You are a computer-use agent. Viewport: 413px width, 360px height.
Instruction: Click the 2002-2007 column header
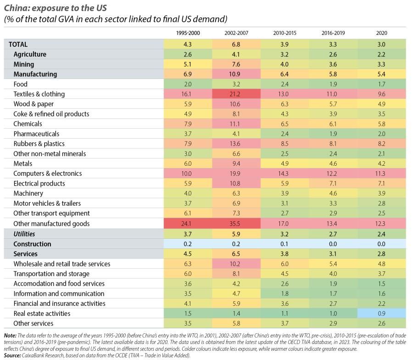coord(236,33)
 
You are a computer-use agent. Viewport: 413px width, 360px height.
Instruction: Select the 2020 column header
coord(381,33)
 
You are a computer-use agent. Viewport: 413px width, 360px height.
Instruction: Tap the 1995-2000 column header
coord(188,33)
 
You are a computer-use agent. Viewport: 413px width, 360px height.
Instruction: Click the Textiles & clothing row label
coord(39,94)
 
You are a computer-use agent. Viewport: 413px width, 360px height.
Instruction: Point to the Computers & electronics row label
coord(47,174)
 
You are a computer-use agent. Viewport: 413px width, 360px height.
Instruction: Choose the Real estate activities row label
coord(42,314)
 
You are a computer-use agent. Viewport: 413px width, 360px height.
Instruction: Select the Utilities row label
coord(24,234)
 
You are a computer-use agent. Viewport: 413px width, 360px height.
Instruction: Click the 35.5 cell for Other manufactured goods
coord(236,224)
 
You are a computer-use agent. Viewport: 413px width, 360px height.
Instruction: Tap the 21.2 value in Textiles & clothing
coord(236,94)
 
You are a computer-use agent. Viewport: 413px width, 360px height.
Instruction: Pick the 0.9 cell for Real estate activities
coord(381,314)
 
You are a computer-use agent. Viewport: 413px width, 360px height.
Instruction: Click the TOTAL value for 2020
coord(381,45)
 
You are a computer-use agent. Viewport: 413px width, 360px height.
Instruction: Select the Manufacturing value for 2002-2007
coord(236,74)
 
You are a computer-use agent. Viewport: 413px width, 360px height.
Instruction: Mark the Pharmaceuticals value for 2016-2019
coord(333,134)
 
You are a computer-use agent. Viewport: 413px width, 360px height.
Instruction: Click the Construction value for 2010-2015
coord(285,244)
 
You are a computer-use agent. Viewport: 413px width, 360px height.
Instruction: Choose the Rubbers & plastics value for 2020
coord(381,144)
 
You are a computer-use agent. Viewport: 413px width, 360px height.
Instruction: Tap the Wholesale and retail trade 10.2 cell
coord(236,264)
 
